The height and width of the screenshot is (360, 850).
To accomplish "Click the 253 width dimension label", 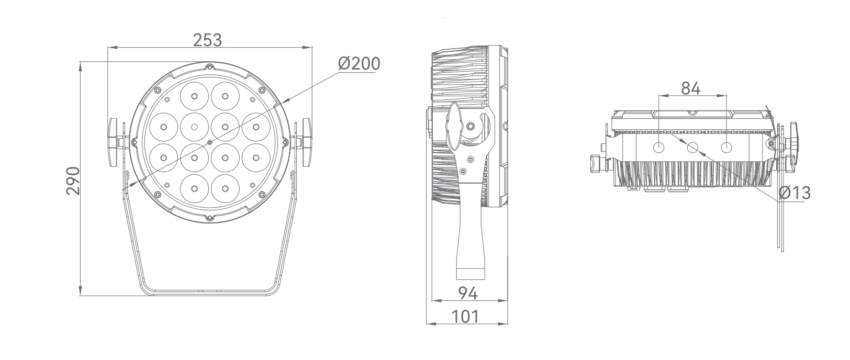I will [x=207, y=40].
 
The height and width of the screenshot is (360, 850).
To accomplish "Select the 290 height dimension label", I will [x=73, y=181].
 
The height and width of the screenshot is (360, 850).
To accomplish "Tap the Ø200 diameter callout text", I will [x=359, y=64].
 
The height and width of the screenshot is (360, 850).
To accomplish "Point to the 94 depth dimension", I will [x=467, y=294].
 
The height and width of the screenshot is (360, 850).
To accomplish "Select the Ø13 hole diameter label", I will [x=794, y=193].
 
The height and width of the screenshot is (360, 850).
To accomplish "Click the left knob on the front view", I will [x=114, y=142].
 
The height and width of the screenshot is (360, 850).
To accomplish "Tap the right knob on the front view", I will [x=306, y=142].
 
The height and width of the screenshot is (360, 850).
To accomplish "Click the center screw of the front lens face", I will [x=210, y=142].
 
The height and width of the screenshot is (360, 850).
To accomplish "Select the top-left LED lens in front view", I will [x=194, y=96].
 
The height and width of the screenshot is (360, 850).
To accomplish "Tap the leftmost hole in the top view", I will [x=658, y=148].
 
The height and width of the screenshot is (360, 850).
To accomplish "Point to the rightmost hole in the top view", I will [x=726, y=148].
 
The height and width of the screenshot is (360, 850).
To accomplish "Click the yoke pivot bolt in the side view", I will [x=471, y=126].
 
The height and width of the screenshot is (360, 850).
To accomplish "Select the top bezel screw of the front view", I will [x=209, y=67].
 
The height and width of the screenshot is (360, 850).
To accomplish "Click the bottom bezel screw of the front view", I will [x=209, y=218].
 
